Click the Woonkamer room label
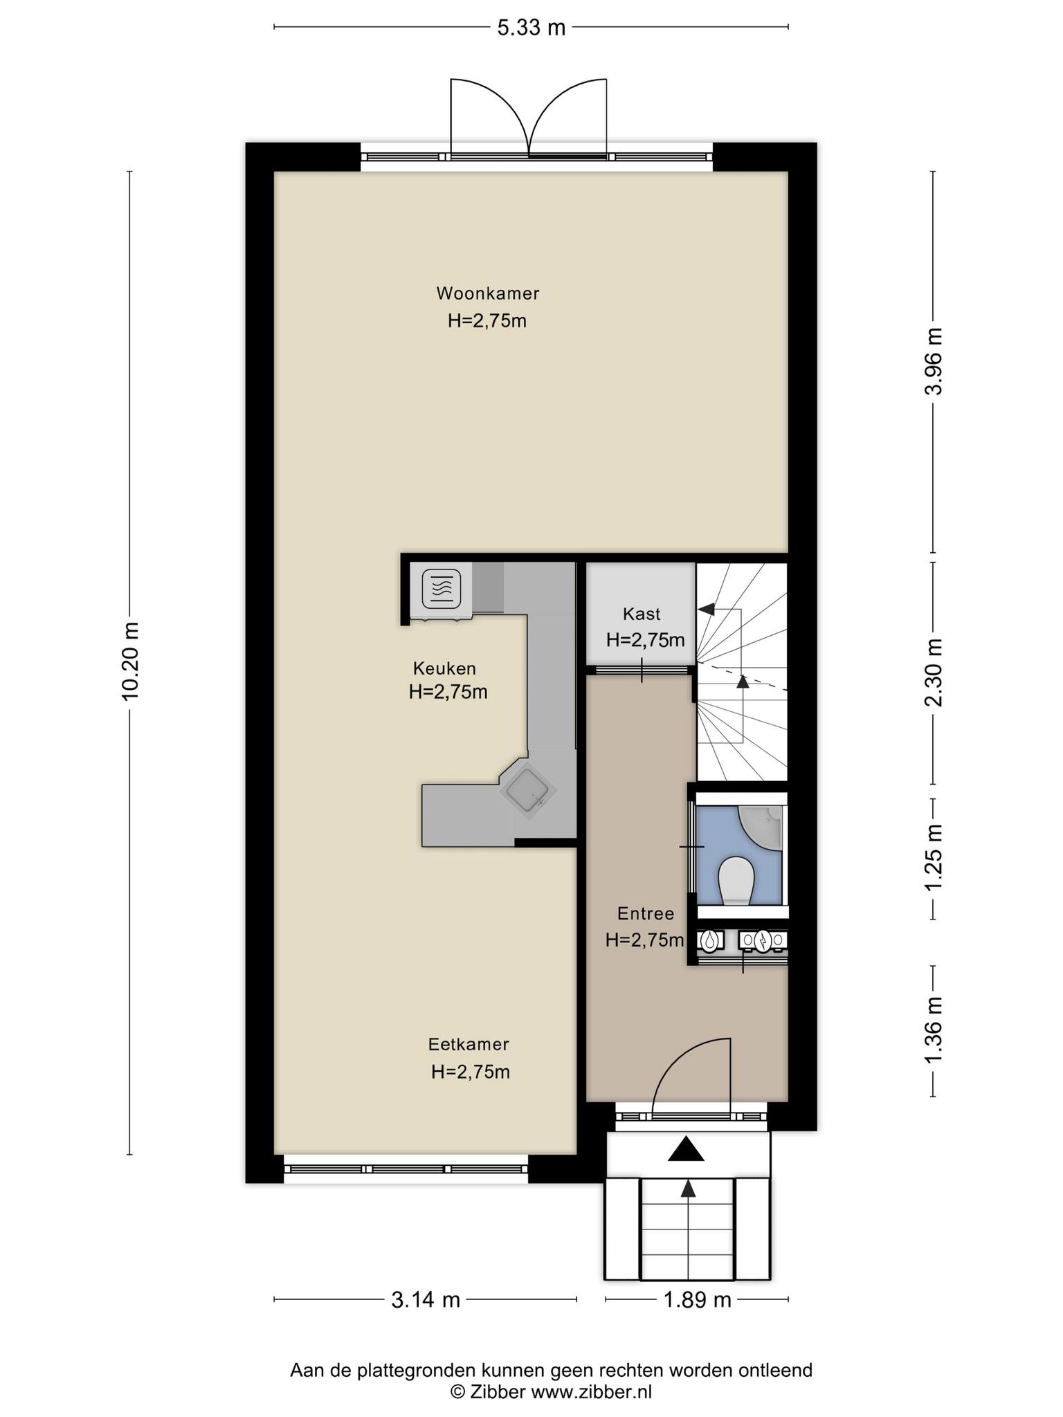tap(488, 293)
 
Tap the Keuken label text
tap(444, 668)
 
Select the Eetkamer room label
tap(469, 1044)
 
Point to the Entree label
tap(646, 914)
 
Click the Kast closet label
tap(642, 614)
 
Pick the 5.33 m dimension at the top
tap(531, 28)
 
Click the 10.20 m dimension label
tap(130, 661)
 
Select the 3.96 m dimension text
tap(934, 360)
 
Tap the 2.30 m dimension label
tap(934, 672)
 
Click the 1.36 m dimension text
tap(934, 1031)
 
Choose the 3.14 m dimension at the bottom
tap(426, 1300)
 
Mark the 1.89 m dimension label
tap(698, 1300)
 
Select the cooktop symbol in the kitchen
tap(442, 589)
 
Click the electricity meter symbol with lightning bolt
tap(763, 940)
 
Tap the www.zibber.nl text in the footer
tap(591, 1391)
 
